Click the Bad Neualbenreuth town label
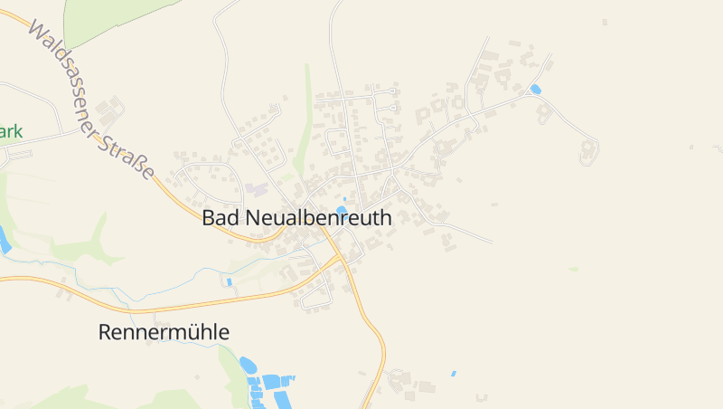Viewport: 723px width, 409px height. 297,218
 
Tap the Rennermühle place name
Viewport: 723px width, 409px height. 164,332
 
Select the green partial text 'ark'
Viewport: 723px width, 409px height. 11,131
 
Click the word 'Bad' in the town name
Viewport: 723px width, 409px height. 221,218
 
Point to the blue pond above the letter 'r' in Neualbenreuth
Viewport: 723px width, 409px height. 342,210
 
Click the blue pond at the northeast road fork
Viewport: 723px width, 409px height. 535,89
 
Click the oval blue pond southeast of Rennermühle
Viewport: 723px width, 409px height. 248,365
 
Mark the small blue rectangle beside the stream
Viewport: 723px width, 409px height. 230,282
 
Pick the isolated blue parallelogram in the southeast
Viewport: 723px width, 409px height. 454,373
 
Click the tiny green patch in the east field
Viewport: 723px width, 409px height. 573,269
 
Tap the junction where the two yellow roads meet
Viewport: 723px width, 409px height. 342,258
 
